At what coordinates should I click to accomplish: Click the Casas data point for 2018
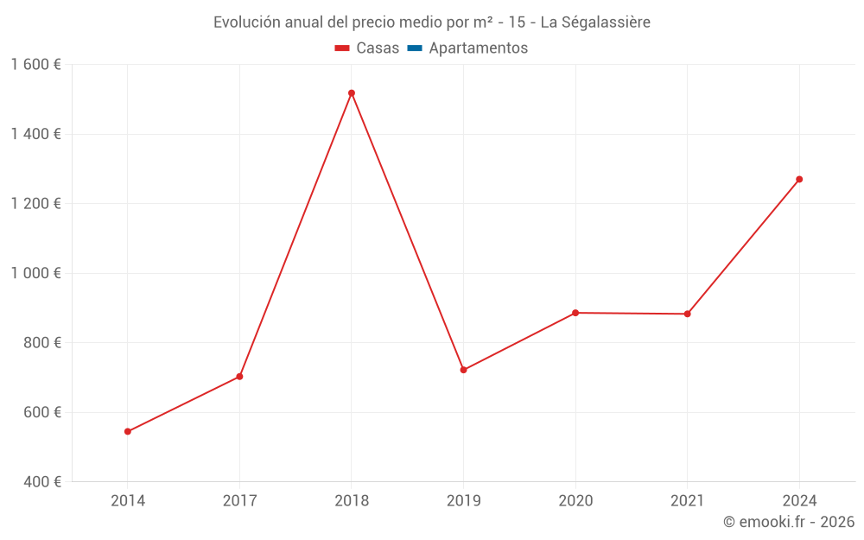(352, 93)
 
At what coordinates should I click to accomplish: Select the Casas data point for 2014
(128, 431)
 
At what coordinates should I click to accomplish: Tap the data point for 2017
(239, 377)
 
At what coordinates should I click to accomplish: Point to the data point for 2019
(464, 370)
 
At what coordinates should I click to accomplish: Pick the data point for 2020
(575, 313)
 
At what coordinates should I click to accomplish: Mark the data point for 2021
(688, 314)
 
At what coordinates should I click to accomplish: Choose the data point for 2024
(799, 180)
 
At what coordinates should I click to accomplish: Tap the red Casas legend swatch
(342, 48)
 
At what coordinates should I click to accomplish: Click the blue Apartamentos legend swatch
(415, 48)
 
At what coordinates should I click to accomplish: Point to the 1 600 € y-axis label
(35, 65)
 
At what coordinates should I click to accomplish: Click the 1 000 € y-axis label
(35, 273)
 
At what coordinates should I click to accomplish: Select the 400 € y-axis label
(41, 481)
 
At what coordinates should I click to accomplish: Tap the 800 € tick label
(41, 343)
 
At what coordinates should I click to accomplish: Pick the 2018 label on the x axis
(352, 500)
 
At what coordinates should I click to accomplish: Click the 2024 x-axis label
(799, 500)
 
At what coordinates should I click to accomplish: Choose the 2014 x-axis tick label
(128, 500)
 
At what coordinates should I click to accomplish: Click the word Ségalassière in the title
(606, 22)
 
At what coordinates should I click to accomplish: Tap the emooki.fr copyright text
(789, 522)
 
